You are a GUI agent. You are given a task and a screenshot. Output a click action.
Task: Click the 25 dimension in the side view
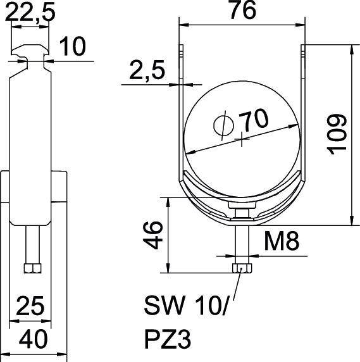(x=30, y=307)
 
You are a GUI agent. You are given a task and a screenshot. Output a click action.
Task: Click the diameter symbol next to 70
(x=222, y=124)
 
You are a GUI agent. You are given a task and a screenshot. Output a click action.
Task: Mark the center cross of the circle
(x=241, y=139)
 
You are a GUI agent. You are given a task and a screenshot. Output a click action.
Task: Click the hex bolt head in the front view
(x=240, y=268)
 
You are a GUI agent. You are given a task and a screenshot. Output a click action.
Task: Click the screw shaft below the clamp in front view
(x=240, y=244)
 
